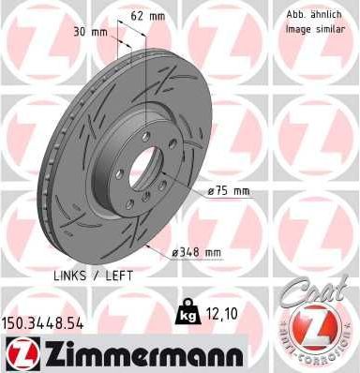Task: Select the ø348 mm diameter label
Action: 199,251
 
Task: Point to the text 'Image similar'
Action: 313,27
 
